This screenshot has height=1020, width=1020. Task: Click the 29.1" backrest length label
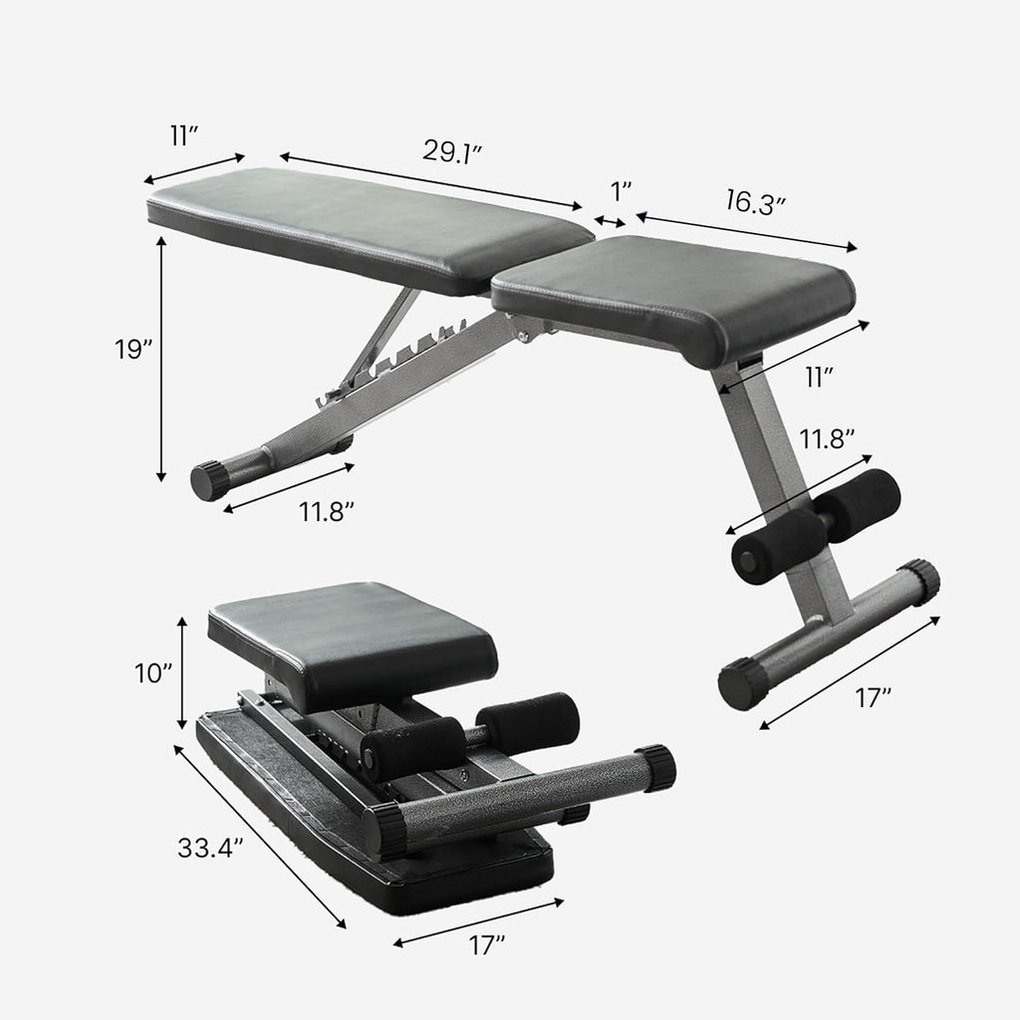(452, 150)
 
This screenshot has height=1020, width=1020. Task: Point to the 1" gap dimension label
(622, 190)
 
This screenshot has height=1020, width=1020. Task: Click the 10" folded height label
(154, 673)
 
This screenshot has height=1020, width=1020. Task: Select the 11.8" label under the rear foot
(328, 512)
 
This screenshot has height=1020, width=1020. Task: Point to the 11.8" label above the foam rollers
(827, 437)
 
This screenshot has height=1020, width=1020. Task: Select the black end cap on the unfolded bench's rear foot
(210, 481)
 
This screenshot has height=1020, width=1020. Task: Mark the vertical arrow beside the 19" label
(161, 359)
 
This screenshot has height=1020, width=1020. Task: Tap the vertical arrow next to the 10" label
(181, 673)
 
